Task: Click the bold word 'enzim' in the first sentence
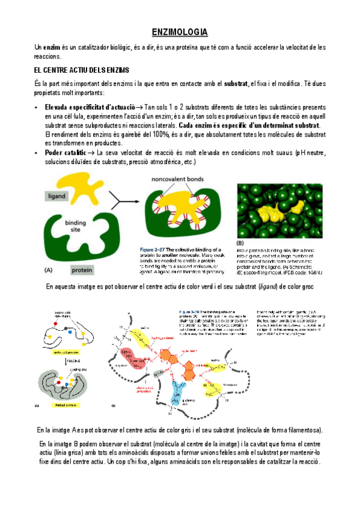pyautogui.click(x=51, y=47)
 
